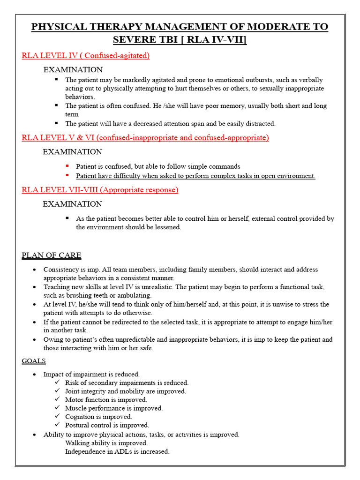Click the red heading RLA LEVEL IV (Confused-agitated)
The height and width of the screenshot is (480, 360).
point(86,56)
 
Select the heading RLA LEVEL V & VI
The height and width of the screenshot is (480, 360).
point(145,138)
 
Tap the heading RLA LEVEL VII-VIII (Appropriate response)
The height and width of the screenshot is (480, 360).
point(100,190)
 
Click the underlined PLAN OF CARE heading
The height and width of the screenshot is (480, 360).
point(51,255)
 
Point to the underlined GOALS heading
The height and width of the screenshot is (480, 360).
point(34,361)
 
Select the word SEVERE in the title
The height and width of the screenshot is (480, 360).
point(136,40)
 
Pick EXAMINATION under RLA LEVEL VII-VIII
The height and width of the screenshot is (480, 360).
point(72,204)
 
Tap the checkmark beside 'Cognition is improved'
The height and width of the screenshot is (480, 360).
point(57,416)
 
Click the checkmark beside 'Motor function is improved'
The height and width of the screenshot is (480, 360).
point(57,399)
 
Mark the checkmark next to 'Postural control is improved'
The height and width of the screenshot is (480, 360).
point(57,425)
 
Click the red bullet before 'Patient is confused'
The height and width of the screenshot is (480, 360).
point(67,166)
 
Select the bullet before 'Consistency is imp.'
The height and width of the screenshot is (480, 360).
point(35,270)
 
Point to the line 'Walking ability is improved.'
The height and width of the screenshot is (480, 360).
point(106,443)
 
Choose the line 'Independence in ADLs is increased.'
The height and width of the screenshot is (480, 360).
point(117,451)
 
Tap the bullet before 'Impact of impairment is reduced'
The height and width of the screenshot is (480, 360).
point(35,375)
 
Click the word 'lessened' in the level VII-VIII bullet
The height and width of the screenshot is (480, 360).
point(167,227)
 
